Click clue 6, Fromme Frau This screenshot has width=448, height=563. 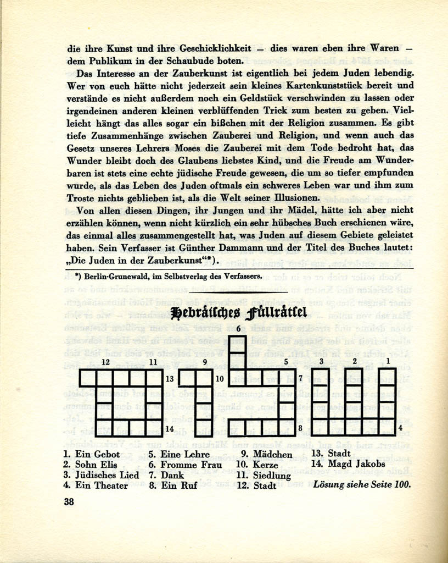185,465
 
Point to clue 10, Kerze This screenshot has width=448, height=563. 258,465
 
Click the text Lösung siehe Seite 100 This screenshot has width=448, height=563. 362,484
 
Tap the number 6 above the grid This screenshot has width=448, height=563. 238,328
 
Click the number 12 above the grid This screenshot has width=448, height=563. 105,362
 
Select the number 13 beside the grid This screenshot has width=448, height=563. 170,379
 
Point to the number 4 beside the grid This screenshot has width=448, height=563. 400,427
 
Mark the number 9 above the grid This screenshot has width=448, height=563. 205,362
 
